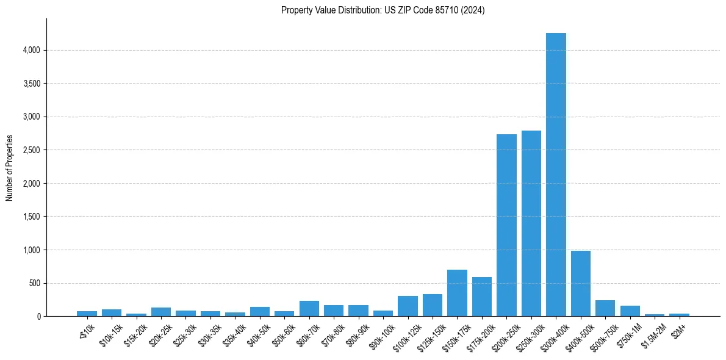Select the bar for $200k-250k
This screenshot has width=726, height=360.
506,225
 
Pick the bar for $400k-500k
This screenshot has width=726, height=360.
580,284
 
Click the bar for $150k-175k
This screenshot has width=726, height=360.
457,293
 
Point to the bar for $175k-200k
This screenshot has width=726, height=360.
482,297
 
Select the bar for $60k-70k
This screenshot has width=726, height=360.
309,308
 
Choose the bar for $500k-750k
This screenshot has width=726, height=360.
605,308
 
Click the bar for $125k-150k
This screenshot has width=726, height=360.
433,305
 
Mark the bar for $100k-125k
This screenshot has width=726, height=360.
408,306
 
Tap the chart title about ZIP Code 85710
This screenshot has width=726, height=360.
383,10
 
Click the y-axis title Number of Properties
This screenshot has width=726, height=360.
9,168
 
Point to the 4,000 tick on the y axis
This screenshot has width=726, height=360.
30,50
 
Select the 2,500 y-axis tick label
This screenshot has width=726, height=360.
30,150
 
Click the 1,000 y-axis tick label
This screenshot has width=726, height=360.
30,250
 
